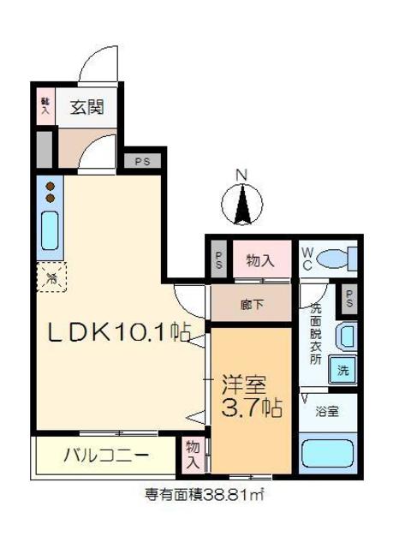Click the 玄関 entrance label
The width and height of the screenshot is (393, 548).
[86, 108]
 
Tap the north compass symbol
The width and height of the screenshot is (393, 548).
[242, 203]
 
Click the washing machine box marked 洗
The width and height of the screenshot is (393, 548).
[342, 372]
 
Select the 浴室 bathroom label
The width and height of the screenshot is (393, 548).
[327, 411]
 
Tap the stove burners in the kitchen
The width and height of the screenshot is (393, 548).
[50, 192]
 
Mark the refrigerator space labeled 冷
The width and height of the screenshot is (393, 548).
[50, 277]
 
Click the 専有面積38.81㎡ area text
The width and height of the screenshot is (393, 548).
[208, 494]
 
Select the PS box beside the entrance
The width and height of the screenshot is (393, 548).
[141, 161]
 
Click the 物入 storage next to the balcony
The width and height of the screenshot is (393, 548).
[194, 454]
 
